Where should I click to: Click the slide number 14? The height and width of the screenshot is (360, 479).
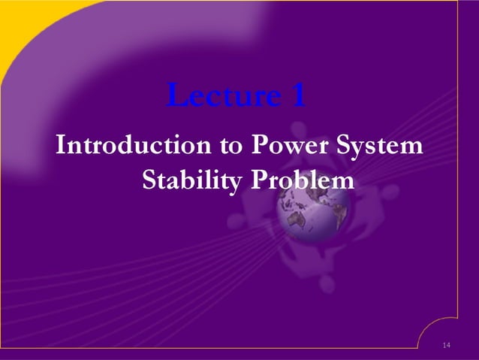click(447, 345)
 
